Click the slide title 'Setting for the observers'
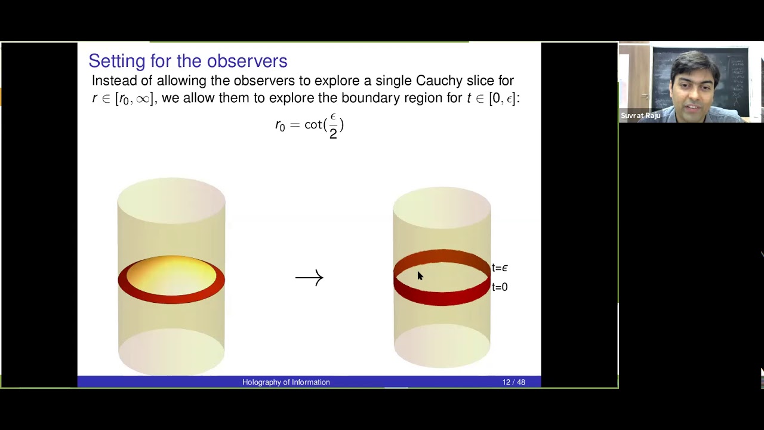click(187, 61)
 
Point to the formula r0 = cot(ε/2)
click(309, 125)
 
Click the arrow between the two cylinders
click(309, 278)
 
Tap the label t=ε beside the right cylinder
click(500, 268)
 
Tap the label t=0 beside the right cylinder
click(500, 287)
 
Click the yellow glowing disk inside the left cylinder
click(171, 274)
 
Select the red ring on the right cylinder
click(442, 296)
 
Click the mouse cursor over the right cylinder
click(419, 275)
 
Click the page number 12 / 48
click(513, 382)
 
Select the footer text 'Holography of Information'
click(286, 382)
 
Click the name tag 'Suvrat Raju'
click(640, 116)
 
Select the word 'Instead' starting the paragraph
click(110, 81)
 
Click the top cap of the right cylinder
click(442, 206)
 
